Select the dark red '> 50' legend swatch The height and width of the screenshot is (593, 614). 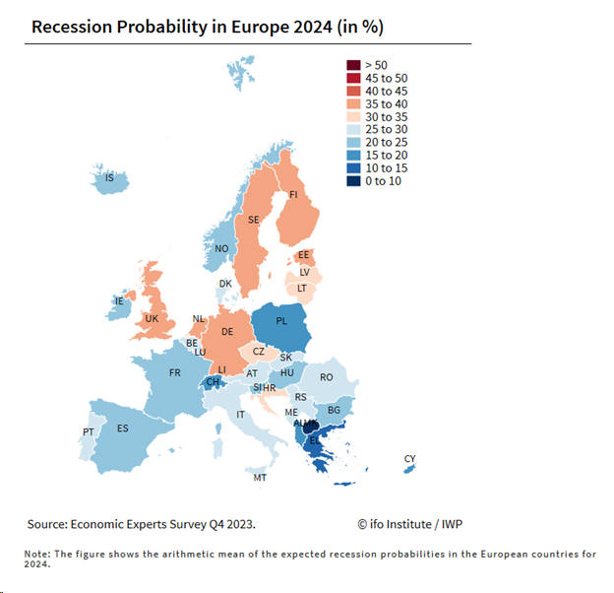pos(351,64)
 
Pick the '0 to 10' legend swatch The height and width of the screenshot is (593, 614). pos(351,180)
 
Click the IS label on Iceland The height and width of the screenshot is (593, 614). pos(109,178)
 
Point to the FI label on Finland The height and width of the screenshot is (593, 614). pos(293,195)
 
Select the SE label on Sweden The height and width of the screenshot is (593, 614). pos(253,220)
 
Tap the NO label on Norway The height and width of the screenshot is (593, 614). pos(221,249)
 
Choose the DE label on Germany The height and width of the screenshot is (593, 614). pos(226,332)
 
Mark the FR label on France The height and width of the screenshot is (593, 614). pos(174,372)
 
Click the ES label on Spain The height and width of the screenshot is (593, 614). pos(123,428)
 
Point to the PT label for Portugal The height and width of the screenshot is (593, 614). pos(88,432)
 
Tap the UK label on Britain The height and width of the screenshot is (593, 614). pos(151,318)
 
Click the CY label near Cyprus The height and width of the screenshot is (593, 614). pos(409,459)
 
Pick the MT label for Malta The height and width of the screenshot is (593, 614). pos(260,478)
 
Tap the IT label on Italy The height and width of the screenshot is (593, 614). pos(240,415)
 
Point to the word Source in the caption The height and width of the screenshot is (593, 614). pos(48,523)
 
